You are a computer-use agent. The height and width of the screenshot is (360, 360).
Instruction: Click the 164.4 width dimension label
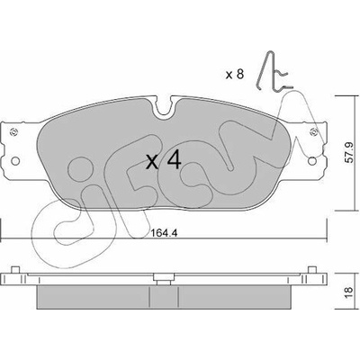click(x=164, y=232)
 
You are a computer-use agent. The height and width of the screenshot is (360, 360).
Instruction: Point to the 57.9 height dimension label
click(x=350, y=152)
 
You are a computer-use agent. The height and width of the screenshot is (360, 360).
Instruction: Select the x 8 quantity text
click(x=235, y=74)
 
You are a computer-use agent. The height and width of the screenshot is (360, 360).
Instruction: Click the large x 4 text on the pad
click(x=164, y=160)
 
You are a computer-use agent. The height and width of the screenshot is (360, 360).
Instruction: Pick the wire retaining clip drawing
click(x=272, y=71)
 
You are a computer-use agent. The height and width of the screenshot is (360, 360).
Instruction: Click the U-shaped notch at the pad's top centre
click(x=164, y=108)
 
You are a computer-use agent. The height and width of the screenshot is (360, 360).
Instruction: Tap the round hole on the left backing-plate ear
click(x=15, y=161)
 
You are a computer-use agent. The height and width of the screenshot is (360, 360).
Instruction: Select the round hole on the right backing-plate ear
click(x=312, y=161)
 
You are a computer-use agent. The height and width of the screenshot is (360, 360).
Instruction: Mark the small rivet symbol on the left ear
click(x=13, y=131)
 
